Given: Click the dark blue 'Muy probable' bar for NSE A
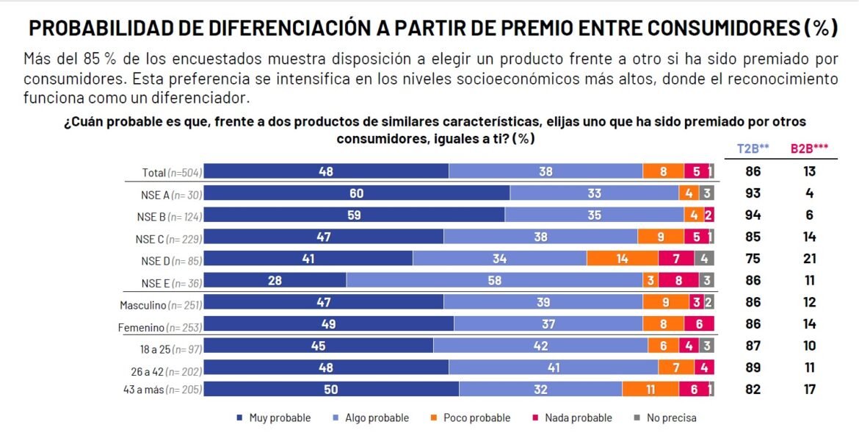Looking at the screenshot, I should click(x=356, y=193).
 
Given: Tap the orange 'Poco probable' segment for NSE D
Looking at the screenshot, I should click(x=622, y=259).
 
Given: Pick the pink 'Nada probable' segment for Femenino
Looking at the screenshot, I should click(x=699, y=323).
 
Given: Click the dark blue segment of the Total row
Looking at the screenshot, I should click(x=326, y=171).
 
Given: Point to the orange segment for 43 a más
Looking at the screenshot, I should click(x=650, y=389).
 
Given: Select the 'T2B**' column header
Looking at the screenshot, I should click(x=753, y=148).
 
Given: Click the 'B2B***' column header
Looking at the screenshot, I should click(x=809, y=148).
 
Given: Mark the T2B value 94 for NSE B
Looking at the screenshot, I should click(x=753, y=215).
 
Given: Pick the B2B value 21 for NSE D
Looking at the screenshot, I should click(x=809, y=259).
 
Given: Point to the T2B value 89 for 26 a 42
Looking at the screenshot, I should click(x=753, y=368).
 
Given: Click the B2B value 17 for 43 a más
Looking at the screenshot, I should click(x=809, y=389).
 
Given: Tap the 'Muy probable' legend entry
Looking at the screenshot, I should click(x=274, y=418).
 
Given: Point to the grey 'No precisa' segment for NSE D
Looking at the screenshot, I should click(x=704, y=259).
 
